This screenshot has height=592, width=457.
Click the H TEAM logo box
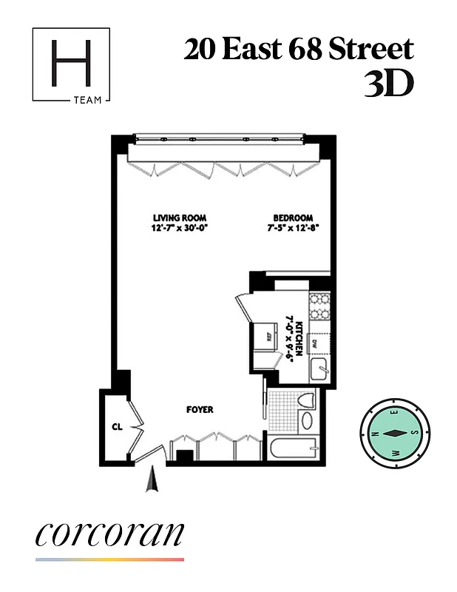coord(71,65)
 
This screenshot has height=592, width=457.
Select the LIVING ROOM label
coord(177,218)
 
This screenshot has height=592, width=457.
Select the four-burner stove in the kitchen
coord(319,306)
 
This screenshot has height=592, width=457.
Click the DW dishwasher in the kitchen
coord(316,343)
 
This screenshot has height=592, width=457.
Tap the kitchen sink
coord(319,370)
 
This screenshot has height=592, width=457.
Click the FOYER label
coord(200,409)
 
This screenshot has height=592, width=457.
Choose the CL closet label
coord(116,427)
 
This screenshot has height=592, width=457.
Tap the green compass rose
coord(393,433)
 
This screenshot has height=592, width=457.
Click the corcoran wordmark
coord(109,535)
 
